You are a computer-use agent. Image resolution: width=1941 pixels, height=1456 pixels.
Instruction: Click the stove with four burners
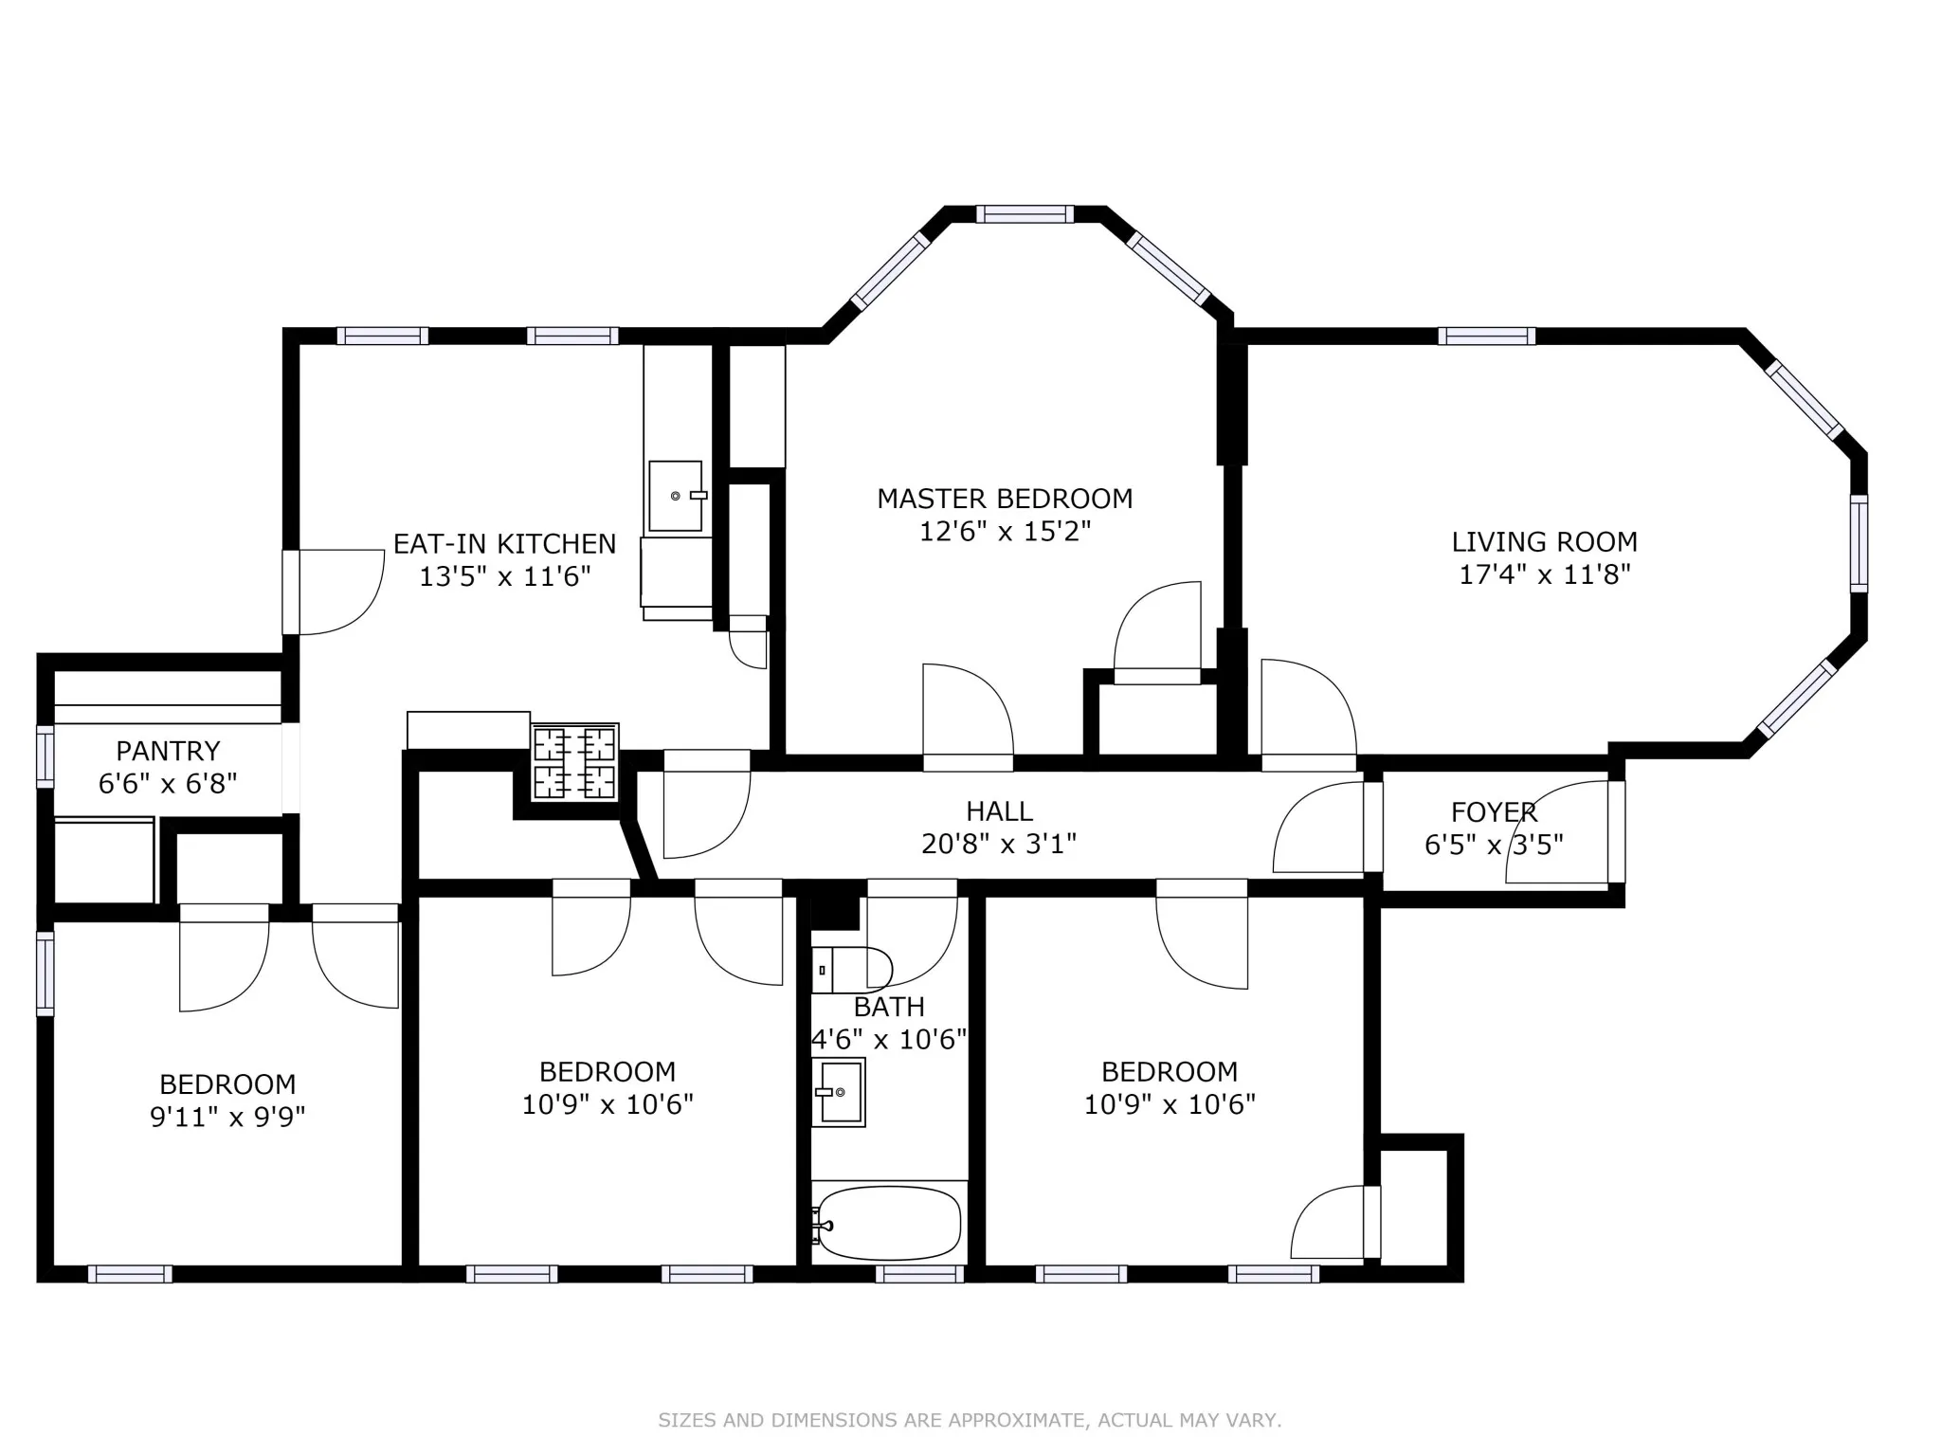coord(575,762)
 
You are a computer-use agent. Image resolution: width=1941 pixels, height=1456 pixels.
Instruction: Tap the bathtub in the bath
coord(889,1223)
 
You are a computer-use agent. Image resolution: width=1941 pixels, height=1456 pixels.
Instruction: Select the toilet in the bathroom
coord(852,970)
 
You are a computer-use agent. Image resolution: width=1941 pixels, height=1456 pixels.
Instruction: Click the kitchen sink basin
coord(676,496)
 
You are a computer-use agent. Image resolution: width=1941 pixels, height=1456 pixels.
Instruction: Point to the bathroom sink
coord(840,1092)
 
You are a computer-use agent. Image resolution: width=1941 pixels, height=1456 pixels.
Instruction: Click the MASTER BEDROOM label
coord(1004,499)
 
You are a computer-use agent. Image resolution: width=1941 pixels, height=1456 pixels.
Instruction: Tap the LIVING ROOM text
coord(1544,542)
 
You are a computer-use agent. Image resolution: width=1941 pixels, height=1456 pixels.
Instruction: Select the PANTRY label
coord(168,752)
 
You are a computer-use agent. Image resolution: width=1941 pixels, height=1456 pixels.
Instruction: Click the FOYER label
coord(1493,812)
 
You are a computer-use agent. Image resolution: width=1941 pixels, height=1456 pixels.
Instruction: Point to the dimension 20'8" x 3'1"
coord(998,844)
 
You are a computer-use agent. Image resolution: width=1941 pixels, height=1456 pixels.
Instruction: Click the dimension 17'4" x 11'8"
coord(1544,574)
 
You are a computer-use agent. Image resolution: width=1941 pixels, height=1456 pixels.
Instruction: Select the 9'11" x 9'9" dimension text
coord(227,1117)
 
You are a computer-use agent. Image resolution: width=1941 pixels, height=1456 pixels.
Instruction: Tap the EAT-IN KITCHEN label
coord(504,544)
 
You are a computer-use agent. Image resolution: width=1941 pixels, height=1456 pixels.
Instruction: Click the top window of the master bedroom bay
coord(1025,214)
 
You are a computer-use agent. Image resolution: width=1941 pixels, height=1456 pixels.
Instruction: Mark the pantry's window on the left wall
coord(45,756)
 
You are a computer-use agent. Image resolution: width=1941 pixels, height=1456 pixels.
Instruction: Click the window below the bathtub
coord(919,1274)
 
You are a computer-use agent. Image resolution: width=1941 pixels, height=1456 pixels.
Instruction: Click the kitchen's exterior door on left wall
coord(291,592)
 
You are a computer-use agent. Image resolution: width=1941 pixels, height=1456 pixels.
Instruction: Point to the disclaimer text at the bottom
coord(970,1420)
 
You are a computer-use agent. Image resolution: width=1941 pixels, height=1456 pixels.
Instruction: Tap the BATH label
coord(888,1007)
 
